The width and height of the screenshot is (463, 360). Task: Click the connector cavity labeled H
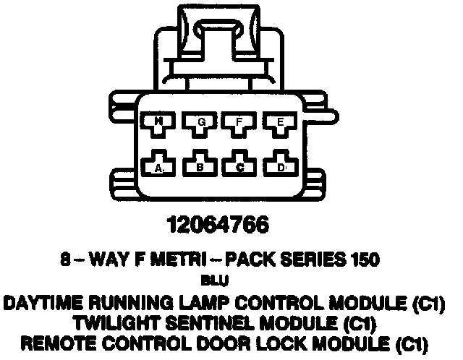[159, 124]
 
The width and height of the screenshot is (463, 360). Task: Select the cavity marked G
[200, 124]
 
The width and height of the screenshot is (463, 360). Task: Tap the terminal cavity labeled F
[239, 124]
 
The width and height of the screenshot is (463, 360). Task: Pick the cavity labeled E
[279, 124]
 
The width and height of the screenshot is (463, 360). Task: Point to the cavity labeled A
[160, 166]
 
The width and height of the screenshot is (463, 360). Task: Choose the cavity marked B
[200, 166]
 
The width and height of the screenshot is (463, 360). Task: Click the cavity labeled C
[239, 166]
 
